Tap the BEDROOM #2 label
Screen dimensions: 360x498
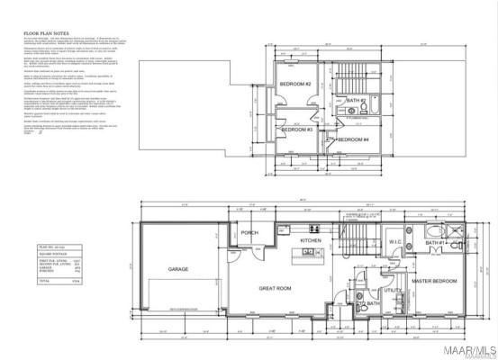pyautogui.click(x=295, y=84)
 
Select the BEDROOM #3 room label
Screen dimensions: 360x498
pyautogui.click(x=296, y=130)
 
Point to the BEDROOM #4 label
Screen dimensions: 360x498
pyautogui.click(x=353, y=139)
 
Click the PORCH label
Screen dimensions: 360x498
pyautogui.click(x=249, y=233)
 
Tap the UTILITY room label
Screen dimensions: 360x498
pyautogui.click(x=394, y=291)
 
